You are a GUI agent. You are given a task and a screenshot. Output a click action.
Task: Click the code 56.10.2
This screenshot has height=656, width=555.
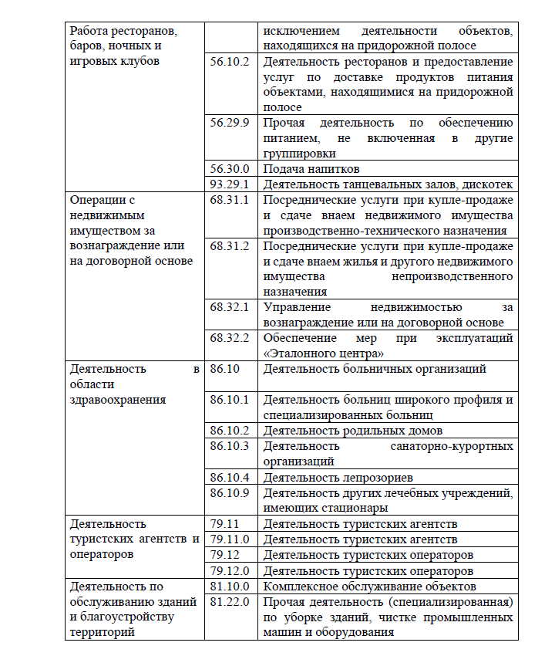230,62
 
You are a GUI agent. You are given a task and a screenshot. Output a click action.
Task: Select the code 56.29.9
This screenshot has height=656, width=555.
230,123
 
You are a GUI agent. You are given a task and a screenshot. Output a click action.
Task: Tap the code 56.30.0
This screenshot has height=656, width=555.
230,169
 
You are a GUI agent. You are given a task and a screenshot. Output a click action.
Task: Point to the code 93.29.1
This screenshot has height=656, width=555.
230,184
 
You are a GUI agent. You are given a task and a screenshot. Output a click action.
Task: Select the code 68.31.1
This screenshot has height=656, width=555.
230,200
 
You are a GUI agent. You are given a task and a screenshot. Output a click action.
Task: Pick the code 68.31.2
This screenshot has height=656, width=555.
230,246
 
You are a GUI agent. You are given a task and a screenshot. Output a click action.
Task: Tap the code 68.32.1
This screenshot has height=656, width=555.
230,307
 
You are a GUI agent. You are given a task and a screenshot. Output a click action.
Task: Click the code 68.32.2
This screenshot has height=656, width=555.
230,338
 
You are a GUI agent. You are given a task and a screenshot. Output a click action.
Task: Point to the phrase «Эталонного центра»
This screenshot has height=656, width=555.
324,353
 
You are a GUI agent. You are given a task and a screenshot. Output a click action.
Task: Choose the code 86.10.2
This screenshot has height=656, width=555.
230,431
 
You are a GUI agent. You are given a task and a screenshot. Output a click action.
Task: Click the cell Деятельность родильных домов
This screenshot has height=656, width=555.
353,431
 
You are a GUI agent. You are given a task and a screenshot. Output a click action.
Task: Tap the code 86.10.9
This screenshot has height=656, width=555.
230,492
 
